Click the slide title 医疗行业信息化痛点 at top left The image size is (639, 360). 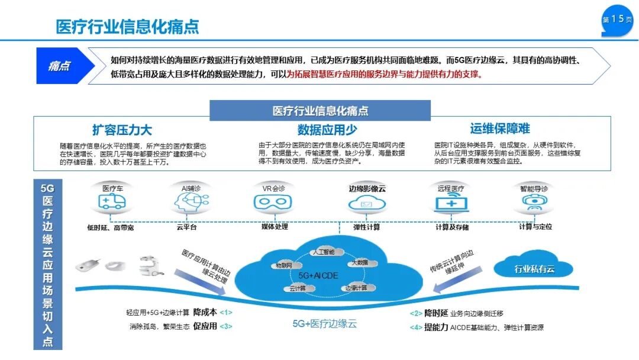[127, 26]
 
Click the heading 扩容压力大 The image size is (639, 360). [121, 130]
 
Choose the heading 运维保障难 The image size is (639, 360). [500, 128]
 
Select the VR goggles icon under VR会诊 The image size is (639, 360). [273, 203]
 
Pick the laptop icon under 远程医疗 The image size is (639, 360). [451, 203]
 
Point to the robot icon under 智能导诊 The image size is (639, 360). [534, 203]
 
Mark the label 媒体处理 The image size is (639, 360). [275, 226]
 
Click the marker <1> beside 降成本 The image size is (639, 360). [226, 312]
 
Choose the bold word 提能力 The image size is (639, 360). [436, 327]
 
